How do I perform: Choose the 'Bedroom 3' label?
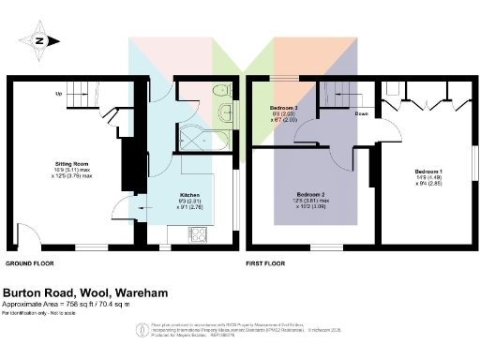pyautogui.click(x=283, y=109)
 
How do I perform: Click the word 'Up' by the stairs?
pyautogui.click(x=59, y=94)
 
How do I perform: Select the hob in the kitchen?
pyautogui.click(x=199, y=233)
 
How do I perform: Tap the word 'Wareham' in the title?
pyautogui.click(x=137, y=292)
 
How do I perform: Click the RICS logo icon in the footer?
pyautogui.click(x=142, y=329)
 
